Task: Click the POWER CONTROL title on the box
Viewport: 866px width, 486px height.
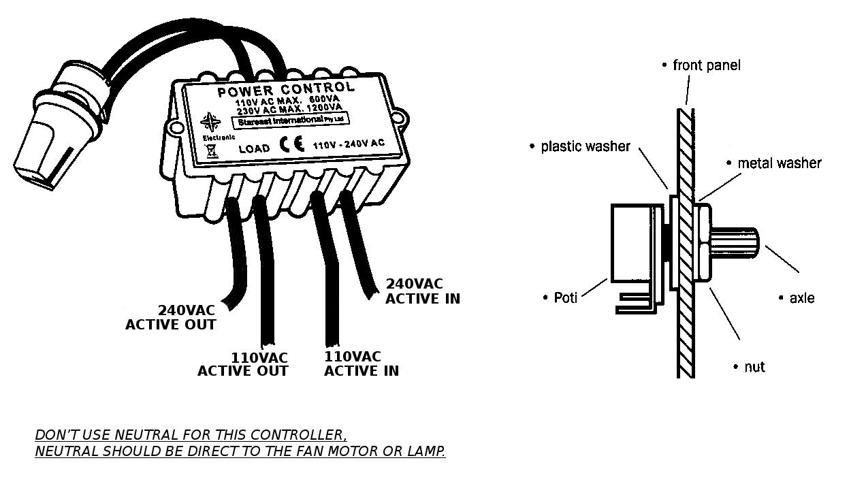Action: [286, 88]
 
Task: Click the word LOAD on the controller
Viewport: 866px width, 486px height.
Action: [254, 148]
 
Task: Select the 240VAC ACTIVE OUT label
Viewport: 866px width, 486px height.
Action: [171, 317]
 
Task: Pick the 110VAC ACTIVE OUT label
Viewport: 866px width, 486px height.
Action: [243, 364]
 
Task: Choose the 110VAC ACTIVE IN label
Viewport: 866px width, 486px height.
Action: [362, 363]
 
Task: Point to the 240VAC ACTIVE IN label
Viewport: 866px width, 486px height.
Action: [423, 291]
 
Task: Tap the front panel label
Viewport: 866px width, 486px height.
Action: [706, 65]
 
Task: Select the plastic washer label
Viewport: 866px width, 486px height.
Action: [586, 146]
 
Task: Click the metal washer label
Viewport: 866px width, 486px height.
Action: [779, 163]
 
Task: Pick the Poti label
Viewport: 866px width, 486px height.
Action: [564, 297]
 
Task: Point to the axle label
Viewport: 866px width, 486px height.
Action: [801, 298]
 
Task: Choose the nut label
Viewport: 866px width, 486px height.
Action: [754, 367]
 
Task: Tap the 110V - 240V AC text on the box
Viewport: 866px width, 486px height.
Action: [349, 144]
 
